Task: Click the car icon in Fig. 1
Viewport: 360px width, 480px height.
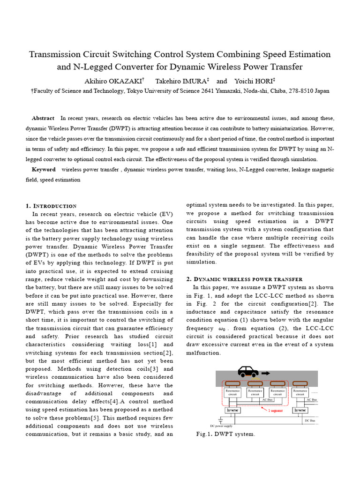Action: click(248, 372)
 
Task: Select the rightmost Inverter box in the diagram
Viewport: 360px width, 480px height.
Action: click(300, 410)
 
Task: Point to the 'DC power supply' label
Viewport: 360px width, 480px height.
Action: click(221, 426)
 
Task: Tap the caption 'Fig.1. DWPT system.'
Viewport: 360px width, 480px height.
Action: click(225, 434)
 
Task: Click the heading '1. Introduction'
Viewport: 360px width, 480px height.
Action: click(51, 206)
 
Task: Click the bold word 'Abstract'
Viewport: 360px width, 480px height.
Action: click(43, 118)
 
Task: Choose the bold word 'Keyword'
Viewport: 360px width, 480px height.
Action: click(43, 169)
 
